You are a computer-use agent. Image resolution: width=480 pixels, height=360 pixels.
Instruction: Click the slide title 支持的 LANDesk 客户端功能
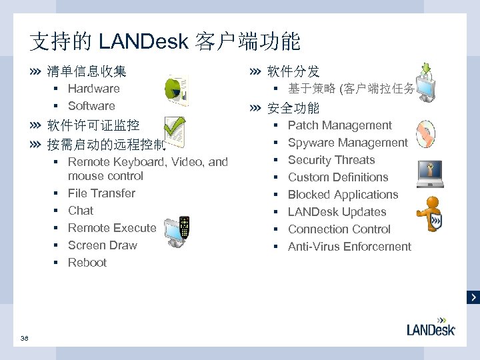point(165,43)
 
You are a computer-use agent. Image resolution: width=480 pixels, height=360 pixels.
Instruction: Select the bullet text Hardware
point(94,89)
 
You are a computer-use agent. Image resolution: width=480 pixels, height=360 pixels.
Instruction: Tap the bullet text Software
point(91,106)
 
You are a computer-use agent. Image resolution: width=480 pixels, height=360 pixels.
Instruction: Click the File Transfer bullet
point(101,193)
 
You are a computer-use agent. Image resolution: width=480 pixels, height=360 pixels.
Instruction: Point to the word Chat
point(81,211)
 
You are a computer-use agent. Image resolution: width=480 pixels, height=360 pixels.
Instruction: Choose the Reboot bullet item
point(87,263)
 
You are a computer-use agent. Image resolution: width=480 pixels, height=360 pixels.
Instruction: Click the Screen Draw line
point(103,245)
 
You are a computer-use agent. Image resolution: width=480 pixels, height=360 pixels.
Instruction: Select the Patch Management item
point(340,125)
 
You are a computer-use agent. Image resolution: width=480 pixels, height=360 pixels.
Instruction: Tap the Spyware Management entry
point(347,143)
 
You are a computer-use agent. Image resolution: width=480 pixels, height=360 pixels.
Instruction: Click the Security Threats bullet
point(331,160)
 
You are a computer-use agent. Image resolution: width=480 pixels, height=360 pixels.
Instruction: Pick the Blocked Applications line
point(343,195)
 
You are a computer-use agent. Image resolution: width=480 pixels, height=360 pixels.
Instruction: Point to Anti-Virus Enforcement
point(349,247)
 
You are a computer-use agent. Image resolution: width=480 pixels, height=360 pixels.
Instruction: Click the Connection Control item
point(339,229)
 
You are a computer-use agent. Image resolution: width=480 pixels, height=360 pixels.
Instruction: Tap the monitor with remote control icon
point(177,229)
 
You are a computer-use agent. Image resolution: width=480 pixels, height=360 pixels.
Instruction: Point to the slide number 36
point(25,339)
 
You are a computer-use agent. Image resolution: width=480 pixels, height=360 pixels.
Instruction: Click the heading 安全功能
point(293,108)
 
